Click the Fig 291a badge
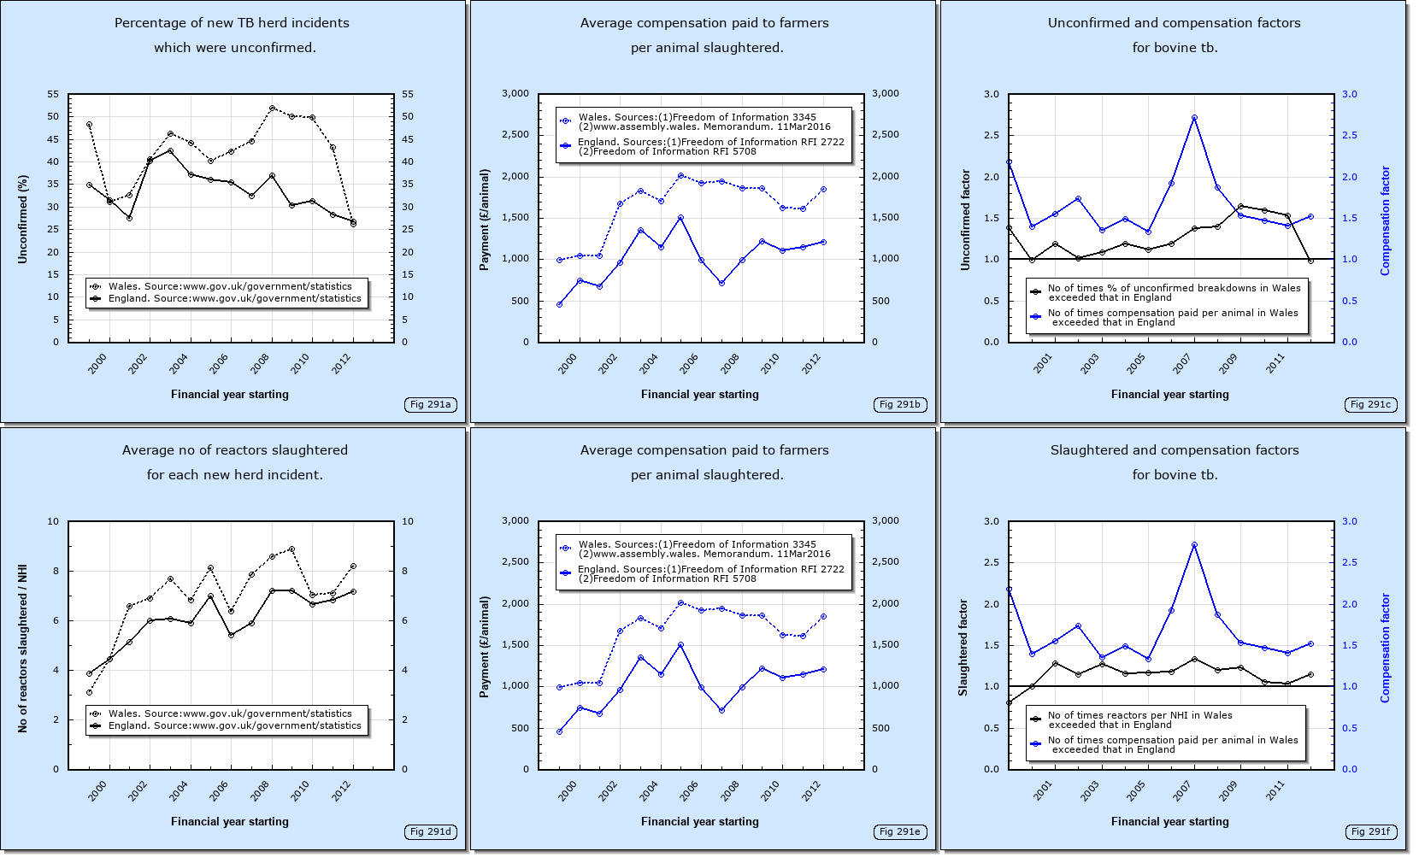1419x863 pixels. [x=430, y=404]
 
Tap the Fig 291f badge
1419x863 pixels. [x=1370, y=831]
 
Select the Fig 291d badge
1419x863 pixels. [x=430, y=831]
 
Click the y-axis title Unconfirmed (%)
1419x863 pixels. [x=23, y=219]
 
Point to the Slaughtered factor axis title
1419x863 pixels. [x=963, y=647]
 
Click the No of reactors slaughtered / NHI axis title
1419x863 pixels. [x=23, y=648]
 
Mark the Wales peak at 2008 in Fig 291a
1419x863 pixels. [x=272, y=109]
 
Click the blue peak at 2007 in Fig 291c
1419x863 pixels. [x=1194, y=118]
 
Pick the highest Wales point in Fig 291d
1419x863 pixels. [x=291, y=549]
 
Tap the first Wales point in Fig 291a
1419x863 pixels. [x=89, y=125]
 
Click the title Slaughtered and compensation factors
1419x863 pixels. [x=1174, y=450]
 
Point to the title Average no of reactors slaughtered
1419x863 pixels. [x=234, y=450]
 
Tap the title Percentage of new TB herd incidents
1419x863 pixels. [x=232, y=23]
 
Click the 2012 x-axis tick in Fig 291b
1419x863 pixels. [x=812, y=363]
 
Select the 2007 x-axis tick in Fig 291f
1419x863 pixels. [x=1182, y=791]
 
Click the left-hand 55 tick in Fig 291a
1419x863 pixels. [x=53, y=94]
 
